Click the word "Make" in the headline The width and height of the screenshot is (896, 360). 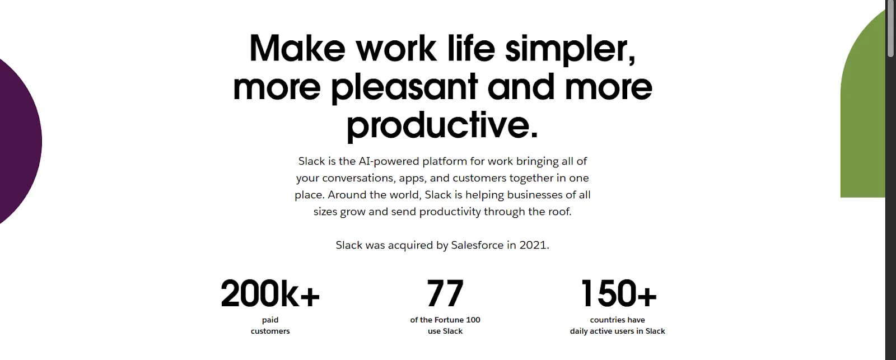coord(297,48)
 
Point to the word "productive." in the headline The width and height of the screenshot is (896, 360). coord(442,125)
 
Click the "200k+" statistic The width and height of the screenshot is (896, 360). coord(270,293)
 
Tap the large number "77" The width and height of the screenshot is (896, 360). coord(445,293)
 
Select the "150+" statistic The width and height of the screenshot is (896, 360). coord(618,293)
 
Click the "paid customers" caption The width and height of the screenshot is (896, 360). coord(270,325)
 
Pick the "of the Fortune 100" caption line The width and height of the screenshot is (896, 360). coord(445,320)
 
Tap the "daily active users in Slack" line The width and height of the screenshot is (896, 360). coord(618,331)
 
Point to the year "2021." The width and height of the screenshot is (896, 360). coord(534,245)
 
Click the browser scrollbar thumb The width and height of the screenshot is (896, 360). coord(890,28)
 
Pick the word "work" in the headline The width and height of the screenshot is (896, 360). coord(396,48)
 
